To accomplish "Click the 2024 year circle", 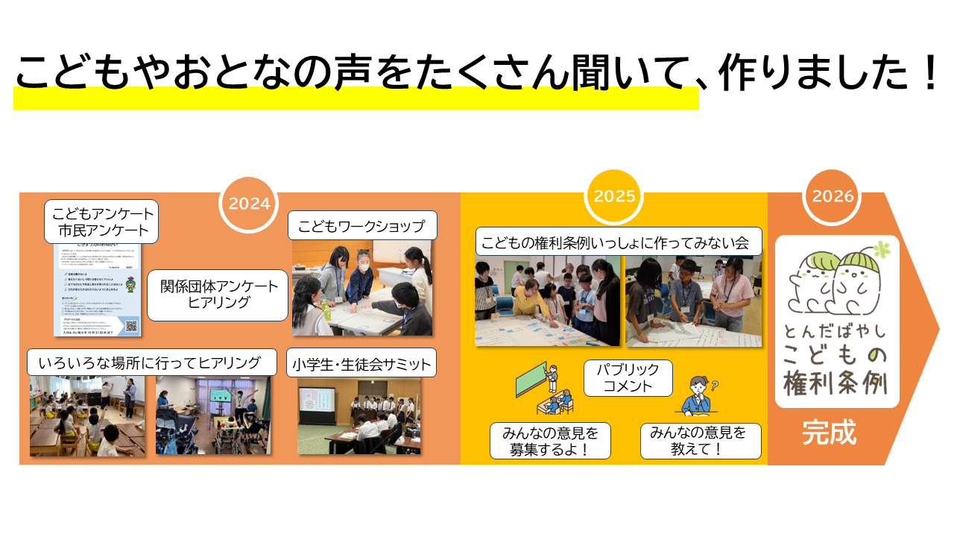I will [x=249, y=203].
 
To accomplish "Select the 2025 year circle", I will [x=615, y=196].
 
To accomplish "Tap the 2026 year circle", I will [x=833, y=196].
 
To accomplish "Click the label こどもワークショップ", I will [x=361, y=226].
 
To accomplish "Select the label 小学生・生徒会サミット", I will [x=361, y=365].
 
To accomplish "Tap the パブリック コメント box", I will [x=628, y=378].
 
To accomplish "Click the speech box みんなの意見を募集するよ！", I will [x=550, y=441].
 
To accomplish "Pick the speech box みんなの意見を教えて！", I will [x=701, y=441].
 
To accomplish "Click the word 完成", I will [x=829, y=433].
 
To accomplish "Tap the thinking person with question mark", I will [x=699, y=396].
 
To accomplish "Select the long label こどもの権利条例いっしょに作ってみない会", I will [x=619, y=242].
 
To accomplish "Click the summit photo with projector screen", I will [x=359, y=416].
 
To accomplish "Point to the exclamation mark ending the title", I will [x=927, y=74].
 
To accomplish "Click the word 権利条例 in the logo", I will [x=835, y=383].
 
